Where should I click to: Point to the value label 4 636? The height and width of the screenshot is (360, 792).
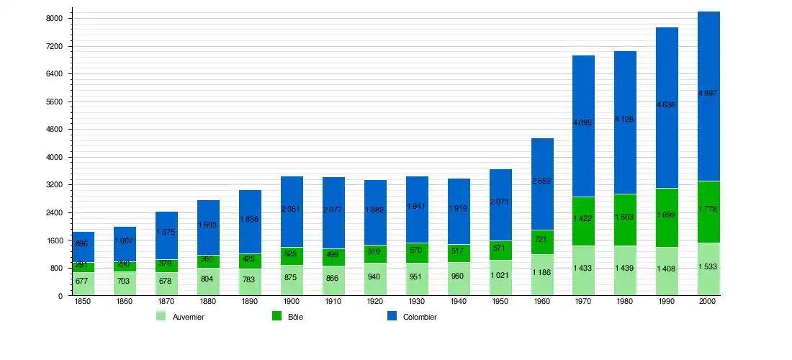(667, 104)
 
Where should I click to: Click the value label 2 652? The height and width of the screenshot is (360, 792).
(541, 181)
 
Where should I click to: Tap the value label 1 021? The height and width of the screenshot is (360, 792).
(500, 275)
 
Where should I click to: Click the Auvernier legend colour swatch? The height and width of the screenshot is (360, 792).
(161, 316)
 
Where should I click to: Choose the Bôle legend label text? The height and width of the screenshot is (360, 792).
(295, 317)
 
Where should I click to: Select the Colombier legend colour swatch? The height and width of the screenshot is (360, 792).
(392, 316)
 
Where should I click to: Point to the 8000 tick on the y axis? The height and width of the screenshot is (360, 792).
(54, 18)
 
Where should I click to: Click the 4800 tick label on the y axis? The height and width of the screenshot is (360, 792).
(54, 130)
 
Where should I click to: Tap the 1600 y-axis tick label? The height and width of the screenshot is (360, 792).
(54, 240)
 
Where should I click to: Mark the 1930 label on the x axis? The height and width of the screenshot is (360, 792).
(416, 302)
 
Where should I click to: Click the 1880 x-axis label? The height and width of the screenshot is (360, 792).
(208, 302)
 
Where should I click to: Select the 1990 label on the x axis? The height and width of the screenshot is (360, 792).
(667, 302)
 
